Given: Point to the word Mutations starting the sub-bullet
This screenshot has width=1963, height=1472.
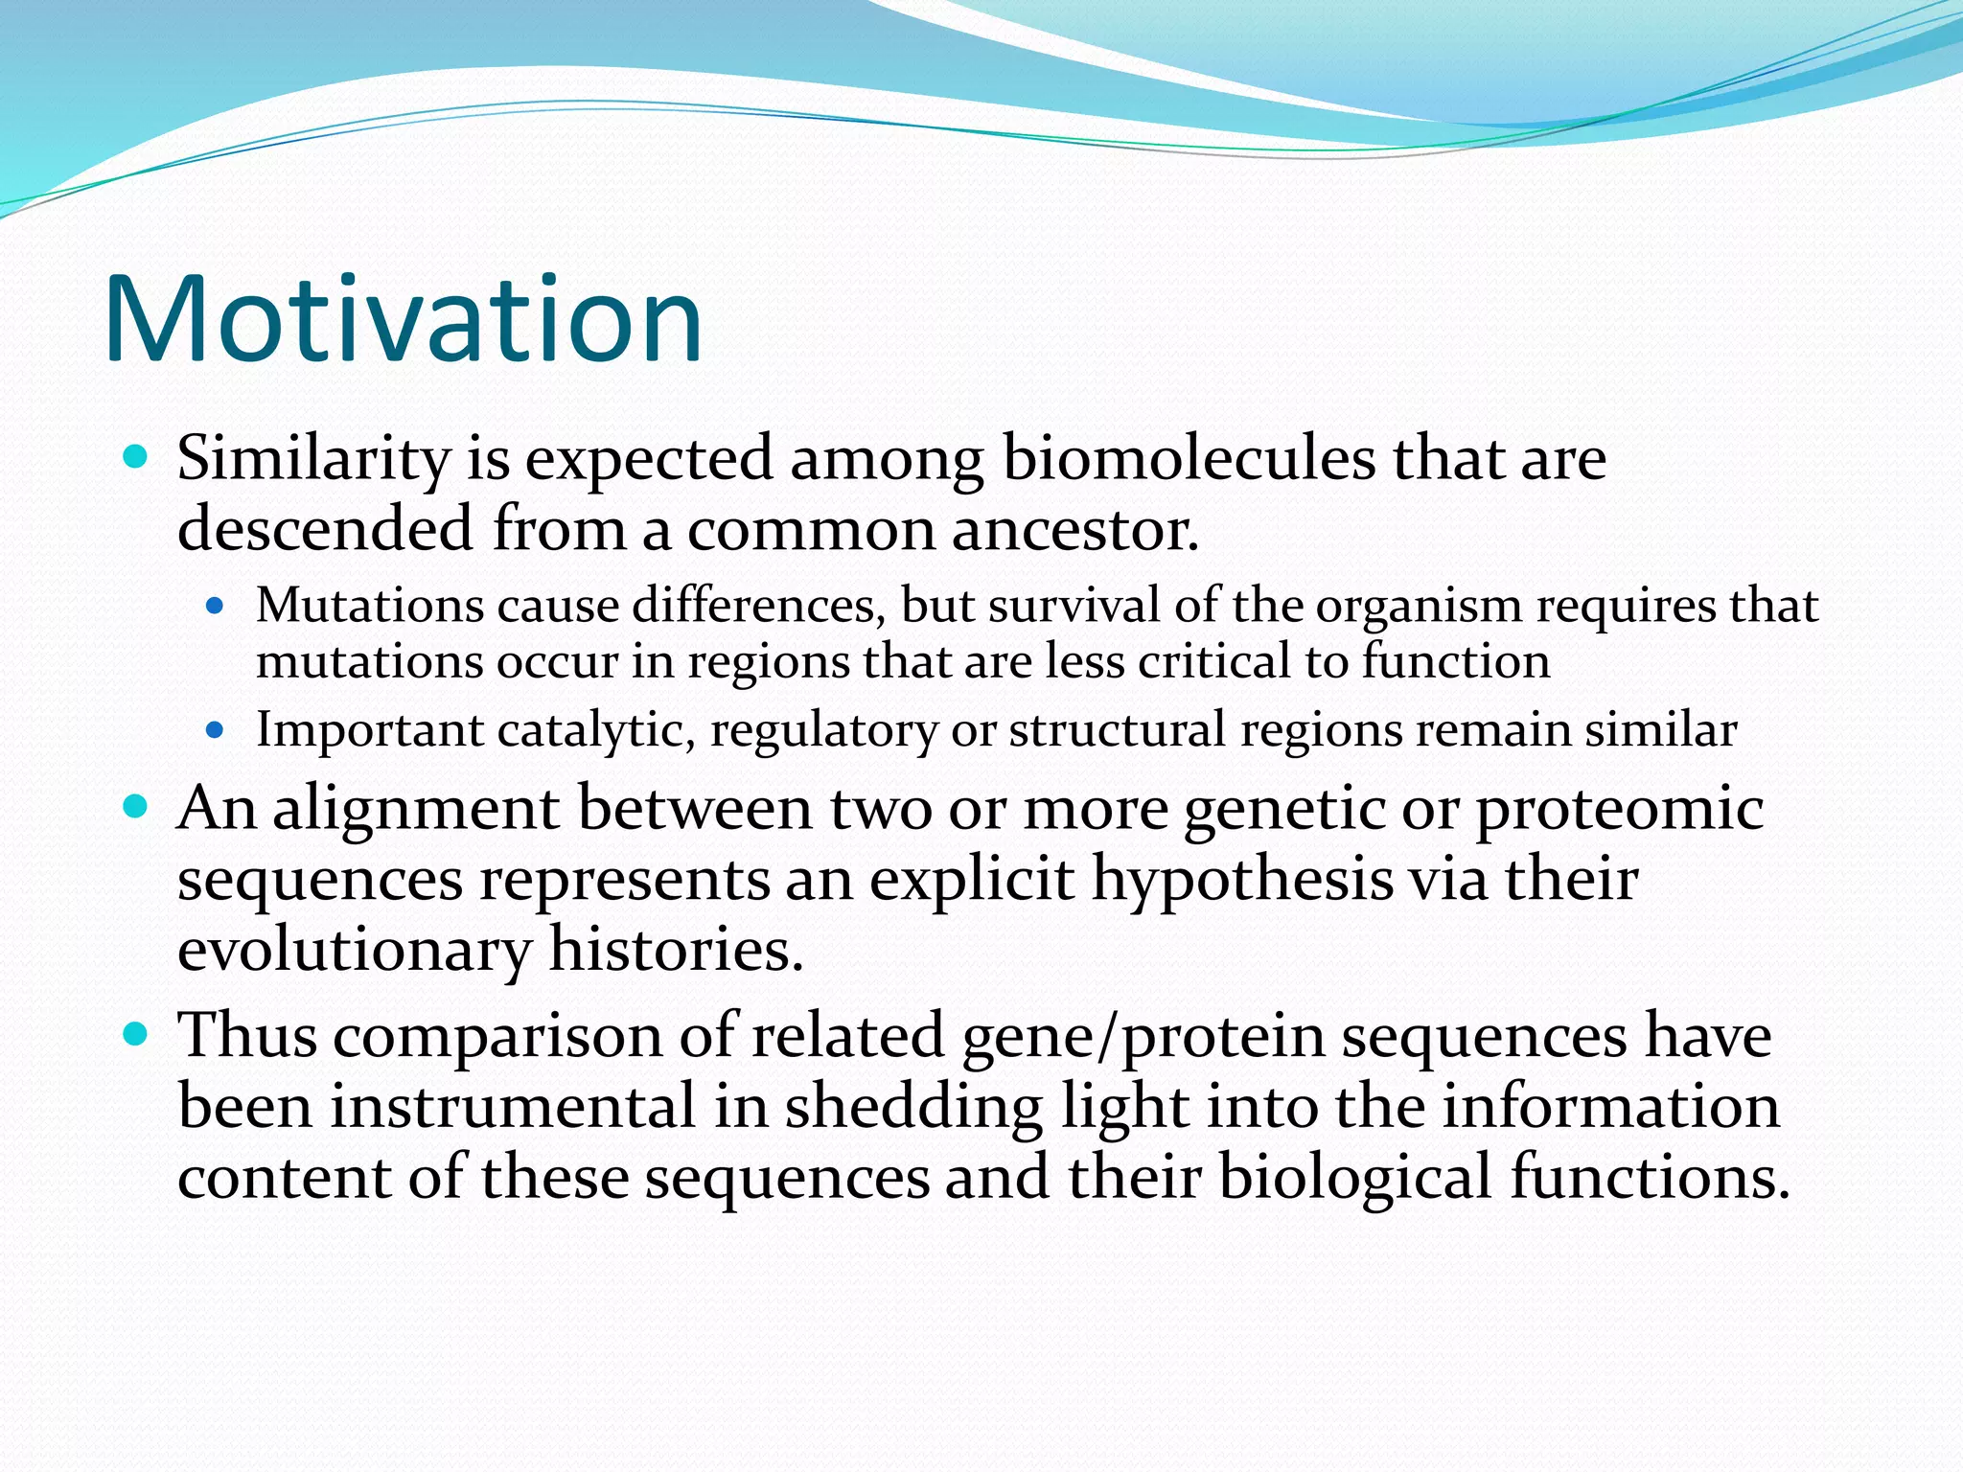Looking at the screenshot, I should click(x=369, y=606).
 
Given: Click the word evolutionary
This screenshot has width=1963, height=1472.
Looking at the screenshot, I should click(x=354, y=951).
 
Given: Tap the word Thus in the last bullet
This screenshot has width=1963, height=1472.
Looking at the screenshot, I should click(x=247, y=1037).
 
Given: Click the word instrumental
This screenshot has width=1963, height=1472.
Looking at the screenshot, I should click(x=513, y=1107).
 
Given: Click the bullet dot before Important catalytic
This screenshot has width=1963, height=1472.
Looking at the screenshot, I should click(x=215, y=731).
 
